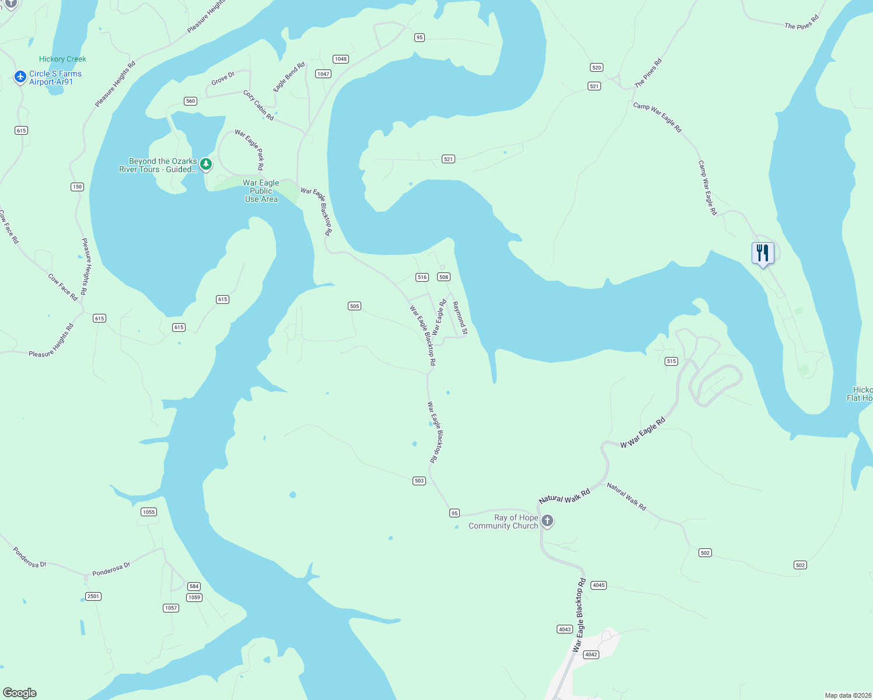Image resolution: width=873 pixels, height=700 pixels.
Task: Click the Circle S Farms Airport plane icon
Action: click(20, 77)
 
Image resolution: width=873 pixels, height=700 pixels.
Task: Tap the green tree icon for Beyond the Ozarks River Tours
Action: click(206, 164)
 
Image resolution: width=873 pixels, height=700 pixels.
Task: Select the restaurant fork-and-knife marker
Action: click(763, 254)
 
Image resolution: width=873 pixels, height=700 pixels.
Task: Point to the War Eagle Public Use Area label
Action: click(261, 191)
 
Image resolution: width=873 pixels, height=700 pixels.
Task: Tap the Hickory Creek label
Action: click(62, 59)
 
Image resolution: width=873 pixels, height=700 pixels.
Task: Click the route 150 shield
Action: click(78, 187)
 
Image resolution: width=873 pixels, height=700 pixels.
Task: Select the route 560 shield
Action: click(190, 101)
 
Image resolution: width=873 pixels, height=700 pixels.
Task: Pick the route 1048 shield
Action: click(341, 59)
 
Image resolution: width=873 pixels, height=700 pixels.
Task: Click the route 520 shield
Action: click(596, 68)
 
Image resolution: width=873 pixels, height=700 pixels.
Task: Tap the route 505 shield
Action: click(354, 306)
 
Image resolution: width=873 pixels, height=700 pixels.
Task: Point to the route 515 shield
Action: click(671, 361)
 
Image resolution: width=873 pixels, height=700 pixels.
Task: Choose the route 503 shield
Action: click(419, 481)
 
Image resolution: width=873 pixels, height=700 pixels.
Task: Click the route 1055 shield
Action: click(149, 512)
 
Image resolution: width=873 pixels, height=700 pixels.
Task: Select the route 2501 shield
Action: click(93, 596)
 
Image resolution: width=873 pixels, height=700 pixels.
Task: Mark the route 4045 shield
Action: click(598, 585)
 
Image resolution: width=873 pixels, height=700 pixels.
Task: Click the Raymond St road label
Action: click(460, 318)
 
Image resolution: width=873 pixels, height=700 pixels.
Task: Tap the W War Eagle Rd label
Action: click(642, 433)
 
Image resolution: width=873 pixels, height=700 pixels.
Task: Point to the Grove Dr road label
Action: click(223, 78)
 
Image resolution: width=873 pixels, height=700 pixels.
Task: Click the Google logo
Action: click(20, 693)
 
